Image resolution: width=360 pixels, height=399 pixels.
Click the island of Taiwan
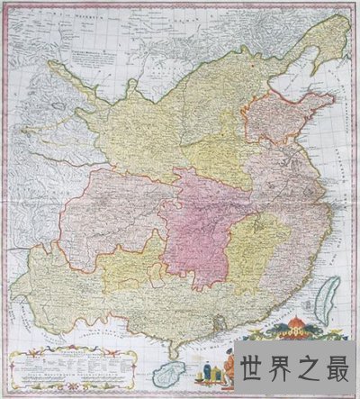(x=330, y=298)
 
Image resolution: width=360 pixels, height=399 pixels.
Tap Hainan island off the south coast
(x=166, y=376)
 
